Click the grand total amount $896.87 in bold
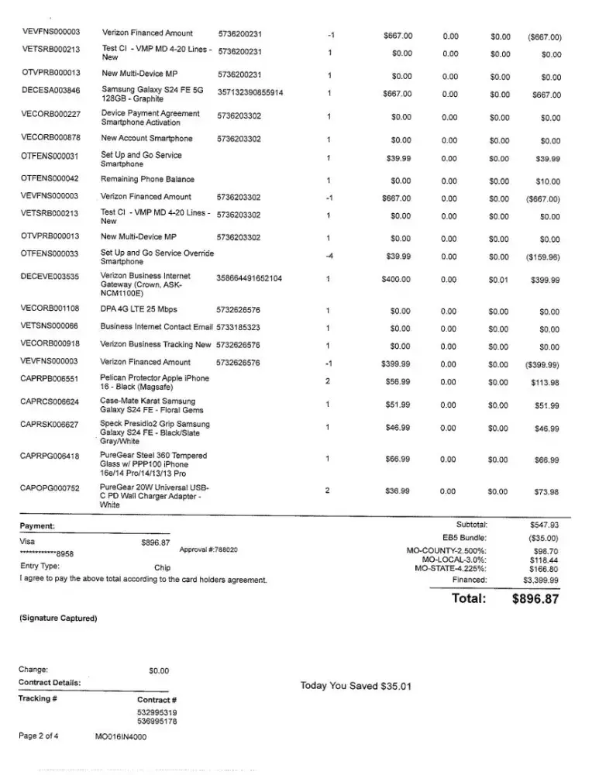coord(535,598)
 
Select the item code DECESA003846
coord(50,91)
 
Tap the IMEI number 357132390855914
coord(250,93)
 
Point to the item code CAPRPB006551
coord(50,381)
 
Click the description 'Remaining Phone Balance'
coord(147,178)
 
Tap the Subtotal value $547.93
coord(542,525)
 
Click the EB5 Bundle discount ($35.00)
coord(542,537)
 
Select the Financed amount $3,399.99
coord(541,580)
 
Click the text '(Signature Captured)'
coord(58,618)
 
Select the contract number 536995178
coord(157,722)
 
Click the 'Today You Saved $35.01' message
coord(356,686)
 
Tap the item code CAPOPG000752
coord(50,488)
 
